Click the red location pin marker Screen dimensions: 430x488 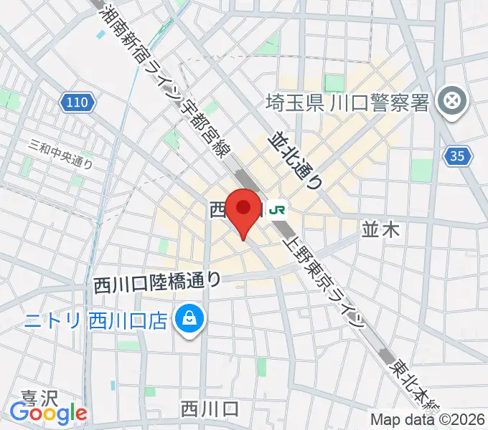(243, 209)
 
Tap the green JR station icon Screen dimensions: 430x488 (278, 209)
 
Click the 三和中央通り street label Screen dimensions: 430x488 (60, 153)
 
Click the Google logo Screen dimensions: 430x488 (48, 414)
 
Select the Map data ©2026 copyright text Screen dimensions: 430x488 (428, 420)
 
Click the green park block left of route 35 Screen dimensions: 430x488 (421, 170)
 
